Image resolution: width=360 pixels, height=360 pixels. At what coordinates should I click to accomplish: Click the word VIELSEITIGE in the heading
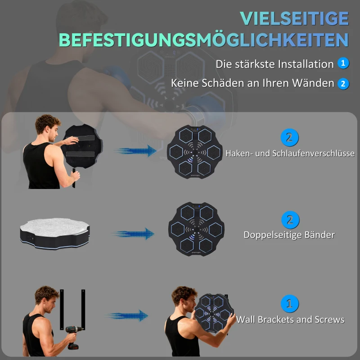point(294,18)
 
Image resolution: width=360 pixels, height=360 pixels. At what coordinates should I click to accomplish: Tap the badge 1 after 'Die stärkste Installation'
point(343,63)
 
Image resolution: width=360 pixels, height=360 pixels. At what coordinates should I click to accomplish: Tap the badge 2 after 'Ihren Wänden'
point(343,84)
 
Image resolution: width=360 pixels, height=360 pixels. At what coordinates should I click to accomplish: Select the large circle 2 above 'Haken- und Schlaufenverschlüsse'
point(290,137)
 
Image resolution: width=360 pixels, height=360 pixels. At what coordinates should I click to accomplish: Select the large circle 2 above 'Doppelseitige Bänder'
point(290,220)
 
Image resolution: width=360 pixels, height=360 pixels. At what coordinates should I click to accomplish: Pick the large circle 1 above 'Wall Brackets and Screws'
point(290,304)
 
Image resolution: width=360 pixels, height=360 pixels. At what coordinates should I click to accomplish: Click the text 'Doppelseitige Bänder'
point(289,235)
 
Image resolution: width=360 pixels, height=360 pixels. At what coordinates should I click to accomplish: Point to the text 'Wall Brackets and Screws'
point(290,319)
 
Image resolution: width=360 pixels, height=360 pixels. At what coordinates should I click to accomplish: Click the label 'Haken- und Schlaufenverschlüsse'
point(290,153)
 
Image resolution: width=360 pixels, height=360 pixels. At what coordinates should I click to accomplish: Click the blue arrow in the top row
point(135,151)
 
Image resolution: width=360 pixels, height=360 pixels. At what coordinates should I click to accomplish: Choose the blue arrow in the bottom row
point(128,316)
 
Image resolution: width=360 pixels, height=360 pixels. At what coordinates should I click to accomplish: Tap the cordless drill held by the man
point(73,336)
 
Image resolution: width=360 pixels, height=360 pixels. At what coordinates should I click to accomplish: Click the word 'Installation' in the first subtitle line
point(306,64)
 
